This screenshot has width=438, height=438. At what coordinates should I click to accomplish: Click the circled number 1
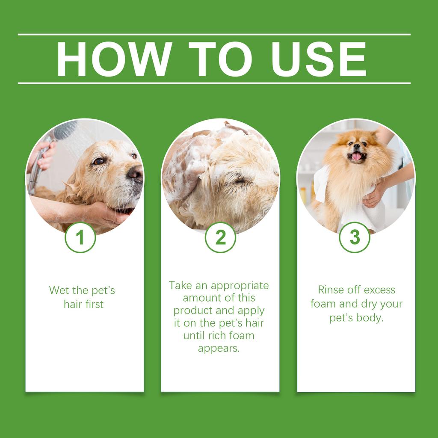point(80,237)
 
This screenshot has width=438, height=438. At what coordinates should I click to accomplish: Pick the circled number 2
point(220,237)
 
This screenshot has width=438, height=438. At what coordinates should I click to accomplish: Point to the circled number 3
point(355,237)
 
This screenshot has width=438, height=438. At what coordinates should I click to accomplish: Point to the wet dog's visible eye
point(99,161)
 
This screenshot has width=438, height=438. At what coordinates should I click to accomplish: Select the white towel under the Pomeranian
point(359,214)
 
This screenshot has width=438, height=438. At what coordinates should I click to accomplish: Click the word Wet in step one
point(59,290)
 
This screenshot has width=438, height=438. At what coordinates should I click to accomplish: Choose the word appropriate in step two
point(240,285)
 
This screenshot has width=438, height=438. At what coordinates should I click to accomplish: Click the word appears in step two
point(219,348)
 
